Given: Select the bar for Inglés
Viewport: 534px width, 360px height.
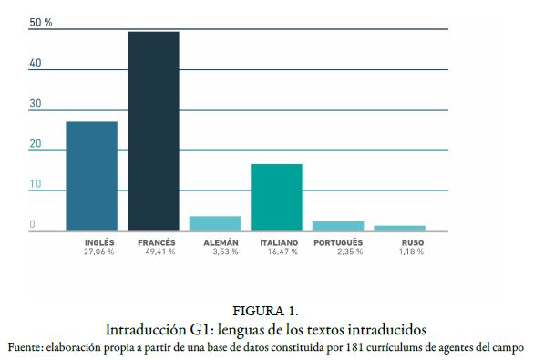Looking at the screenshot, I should click(91, 175).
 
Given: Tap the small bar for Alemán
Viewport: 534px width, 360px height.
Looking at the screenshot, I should click(215, 222).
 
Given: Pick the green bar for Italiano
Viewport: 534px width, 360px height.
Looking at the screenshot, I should click(276, 196).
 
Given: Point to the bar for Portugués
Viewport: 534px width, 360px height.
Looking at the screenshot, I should click(338, 224).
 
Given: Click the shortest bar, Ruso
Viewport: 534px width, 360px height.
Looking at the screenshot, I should click(400, 227).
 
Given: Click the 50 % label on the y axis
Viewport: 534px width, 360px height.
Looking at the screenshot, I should click(41, 22).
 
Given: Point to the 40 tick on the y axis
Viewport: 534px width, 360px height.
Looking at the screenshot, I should click(35, 63).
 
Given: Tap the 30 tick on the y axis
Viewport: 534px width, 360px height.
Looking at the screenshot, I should click(35, 103).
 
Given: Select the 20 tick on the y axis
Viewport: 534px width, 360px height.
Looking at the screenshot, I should click(35, 144).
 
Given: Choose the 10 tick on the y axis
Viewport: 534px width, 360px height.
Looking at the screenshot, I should click(35, 184).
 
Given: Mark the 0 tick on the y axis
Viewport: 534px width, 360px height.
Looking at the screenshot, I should click(32, 224).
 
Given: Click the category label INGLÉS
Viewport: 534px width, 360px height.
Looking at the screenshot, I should click(99, 242).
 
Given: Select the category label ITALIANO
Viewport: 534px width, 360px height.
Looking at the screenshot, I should click(279, 242).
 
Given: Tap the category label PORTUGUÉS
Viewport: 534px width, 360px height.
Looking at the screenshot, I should click(338, 242).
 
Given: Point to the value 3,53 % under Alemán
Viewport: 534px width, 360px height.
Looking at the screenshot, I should click(223, 252).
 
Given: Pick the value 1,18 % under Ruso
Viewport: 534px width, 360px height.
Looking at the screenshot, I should click(409, 252).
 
